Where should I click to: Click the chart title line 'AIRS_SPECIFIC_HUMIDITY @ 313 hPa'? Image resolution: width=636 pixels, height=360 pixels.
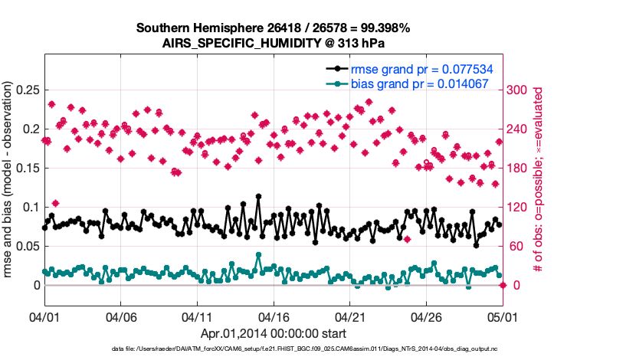click(273, 43)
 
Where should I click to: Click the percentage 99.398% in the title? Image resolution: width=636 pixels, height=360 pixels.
click(386, 28)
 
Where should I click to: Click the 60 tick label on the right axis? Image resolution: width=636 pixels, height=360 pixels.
click(515, 246)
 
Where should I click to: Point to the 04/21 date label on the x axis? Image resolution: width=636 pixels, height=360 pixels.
click(349, 316)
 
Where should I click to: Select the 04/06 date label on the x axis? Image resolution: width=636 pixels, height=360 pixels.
click(120, 316)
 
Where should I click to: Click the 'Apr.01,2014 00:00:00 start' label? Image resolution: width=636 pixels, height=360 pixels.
click(273, 333)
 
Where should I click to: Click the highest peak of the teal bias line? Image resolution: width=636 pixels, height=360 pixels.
click(259, 254)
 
